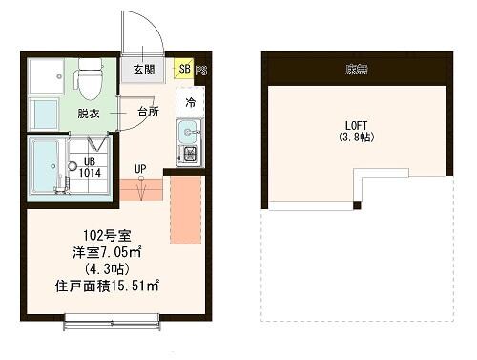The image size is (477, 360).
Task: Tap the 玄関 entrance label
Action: tap(144, 70)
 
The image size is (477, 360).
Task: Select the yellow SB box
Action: tap(183, 70)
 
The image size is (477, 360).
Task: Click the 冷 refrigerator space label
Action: tap(191, 102)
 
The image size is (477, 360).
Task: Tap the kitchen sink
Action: tap(188, 134)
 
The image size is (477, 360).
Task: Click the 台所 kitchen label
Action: tap(148, 113)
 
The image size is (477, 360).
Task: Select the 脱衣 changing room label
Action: tap(89, 113)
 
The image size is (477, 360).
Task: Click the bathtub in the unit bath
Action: tap(44, 168)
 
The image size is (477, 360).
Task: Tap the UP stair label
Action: tap(140, 170)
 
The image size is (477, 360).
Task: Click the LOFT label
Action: tap(353, 126)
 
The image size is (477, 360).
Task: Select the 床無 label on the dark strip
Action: tap(357, 69)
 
